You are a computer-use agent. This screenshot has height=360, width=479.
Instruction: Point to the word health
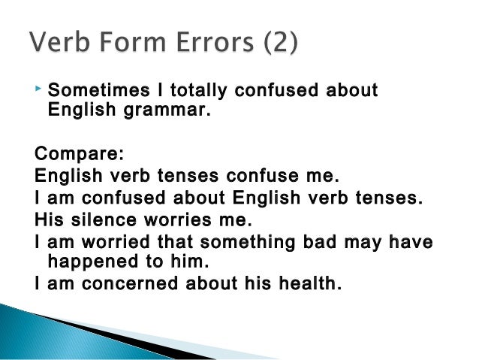coord(309,284)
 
